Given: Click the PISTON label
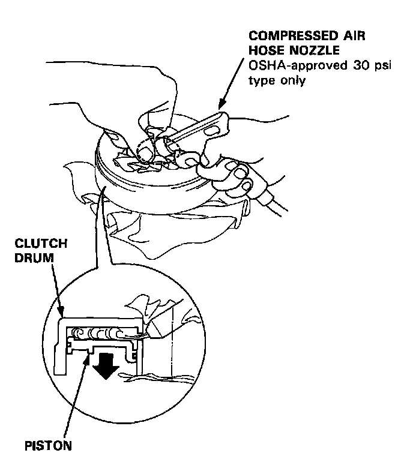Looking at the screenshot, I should (48, 446).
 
